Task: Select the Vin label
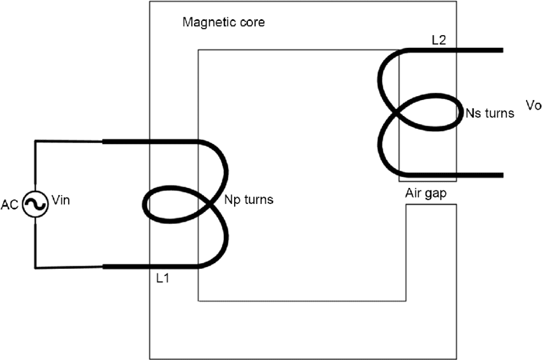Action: [59, 201]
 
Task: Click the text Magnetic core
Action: [223, 23]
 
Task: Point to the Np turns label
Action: [249, 200]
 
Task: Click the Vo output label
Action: [532, 104]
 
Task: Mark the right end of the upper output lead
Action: [501, 50]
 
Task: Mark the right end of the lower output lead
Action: [501, 175]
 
